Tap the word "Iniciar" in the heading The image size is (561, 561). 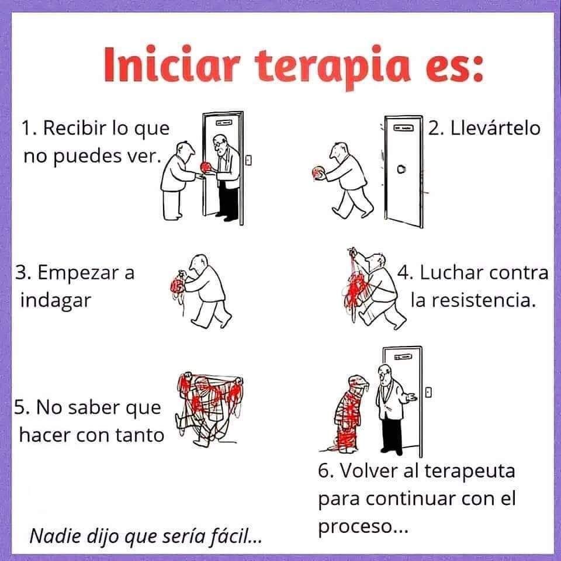point(171,64)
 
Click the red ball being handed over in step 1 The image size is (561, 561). point(206,167)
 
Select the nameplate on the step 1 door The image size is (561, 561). point(224,122)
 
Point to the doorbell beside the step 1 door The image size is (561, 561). point(249,160)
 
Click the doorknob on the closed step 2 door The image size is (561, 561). point(401,169)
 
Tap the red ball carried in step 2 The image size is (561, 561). point(318,172)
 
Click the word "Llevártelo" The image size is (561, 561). point(495,128)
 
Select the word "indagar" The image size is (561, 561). point(56,300)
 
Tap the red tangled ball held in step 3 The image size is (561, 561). point(178,286)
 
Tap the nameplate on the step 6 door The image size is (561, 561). point(403,356)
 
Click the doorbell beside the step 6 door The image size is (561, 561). point(428,392)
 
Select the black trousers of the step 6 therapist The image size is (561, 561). point(392,434)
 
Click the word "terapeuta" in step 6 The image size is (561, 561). point(470,472)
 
